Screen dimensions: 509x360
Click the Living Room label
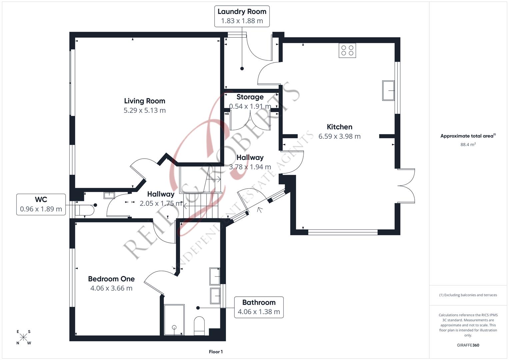(x=145, y=101)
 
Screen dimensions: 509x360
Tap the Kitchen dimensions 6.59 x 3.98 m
(x=339, y=136)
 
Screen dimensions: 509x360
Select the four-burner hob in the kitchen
(x=347, y=50)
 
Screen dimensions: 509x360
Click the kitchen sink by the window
(x=388, y=90)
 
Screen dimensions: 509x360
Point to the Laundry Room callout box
(x=242, y=16)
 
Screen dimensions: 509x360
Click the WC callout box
(x=41, y=204)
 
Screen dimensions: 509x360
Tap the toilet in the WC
(x=84, y=210)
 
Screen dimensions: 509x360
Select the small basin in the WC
(x=109, y=195)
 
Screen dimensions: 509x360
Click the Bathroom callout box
(x=259, y=307)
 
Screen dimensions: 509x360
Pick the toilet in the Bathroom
(x=199, y=326)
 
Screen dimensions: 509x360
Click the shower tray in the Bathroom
(x=174, y=320)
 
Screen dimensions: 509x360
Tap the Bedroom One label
(x=111, y=279)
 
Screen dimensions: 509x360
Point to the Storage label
(x=250, y=97)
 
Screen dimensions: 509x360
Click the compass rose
(x=23, y=337)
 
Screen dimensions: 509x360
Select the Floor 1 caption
(x=216, y=352)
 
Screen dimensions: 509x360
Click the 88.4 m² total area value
(x=468, y=144)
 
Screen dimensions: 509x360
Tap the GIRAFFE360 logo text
(x=468, y=345)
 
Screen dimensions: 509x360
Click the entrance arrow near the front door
(x=259, y=210)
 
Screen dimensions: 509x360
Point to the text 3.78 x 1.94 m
(x=250, y=167)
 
